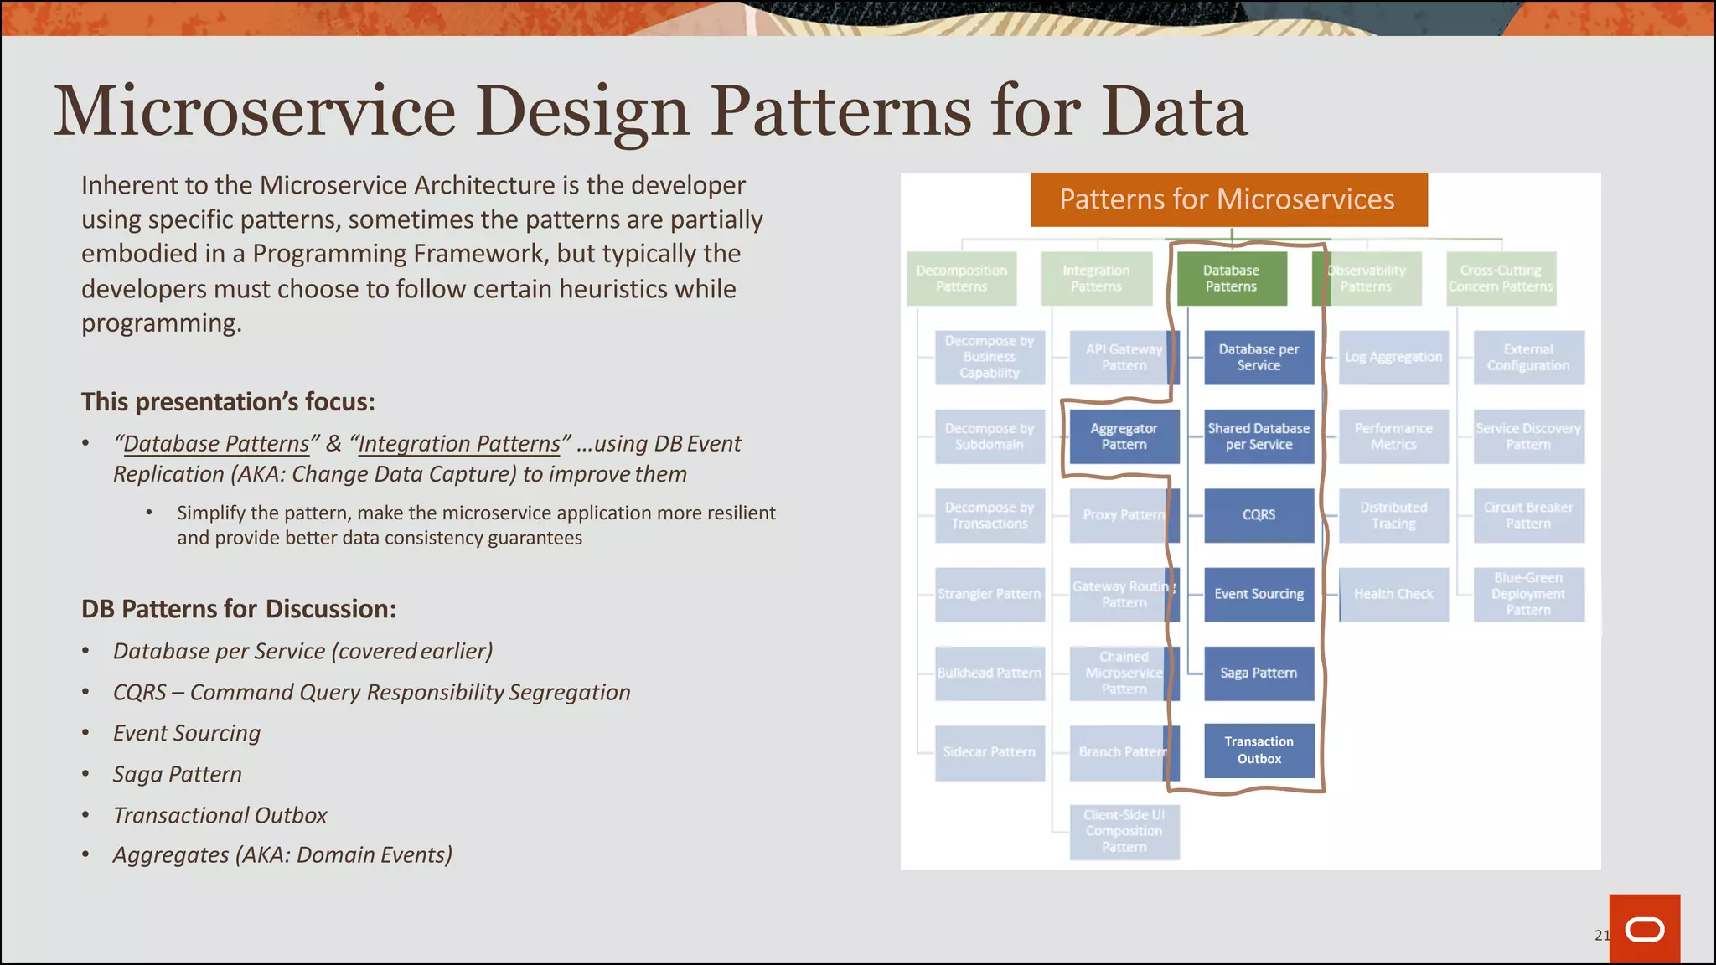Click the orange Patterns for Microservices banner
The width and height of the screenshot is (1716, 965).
pos(1228,199)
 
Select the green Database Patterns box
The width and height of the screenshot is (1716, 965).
pos(1231,278)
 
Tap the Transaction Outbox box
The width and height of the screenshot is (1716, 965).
pos(1259,750)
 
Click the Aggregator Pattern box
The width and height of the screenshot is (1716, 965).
pos(1124,436)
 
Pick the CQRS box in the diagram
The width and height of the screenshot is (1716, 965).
pos(1259,515)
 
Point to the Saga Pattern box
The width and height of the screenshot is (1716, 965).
pos(1259,673)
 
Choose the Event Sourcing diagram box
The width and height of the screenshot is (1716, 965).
pos(1259,594)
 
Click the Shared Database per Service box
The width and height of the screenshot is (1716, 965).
pos(1259,436)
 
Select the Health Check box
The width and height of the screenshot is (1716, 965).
pos(1393,594)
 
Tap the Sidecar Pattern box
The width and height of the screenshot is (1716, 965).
pos(990,752)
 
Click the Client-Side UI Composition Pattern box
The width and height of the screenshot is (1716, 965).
pos(1124,831)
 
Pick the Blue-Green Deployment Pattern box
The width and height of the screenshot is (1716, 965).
pos(1528,594)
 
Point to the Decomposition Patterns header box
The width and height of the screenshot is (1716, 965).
pos(961,278)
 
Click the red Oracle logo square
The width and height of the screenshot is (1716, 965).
pos(1644,929)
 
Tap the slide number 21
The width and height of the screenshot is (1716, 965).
pos(1601,935)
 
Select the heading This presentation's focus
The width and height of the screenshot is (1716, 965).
pos(228,402)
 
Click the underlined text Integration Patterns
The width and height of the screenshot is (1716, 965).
pos(458,443)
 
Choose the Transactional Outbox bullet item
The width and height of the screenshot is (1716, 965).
pos(220,815)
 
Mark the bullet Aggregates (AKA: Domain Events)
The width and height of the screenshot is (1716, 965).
pos(282,854)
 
